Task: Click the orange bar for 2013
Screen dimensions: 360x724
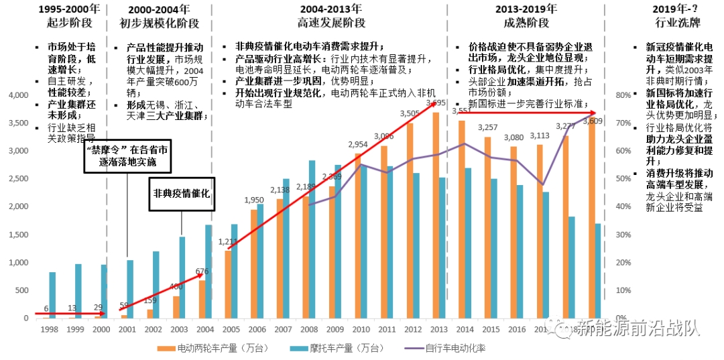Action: tap(435, 215)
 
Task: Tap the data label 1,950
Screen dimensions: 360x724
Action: tap(253, 200)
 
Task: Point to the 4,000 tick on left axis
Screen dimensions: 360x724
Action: tap(15, 95)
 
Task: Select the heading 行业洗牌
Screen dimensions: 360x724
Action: tap(678, 23)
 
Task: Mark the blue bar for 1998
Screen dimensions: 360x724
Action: tap(52, 295)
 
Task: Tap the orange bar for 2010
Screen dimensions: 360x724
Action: tap(357, 235)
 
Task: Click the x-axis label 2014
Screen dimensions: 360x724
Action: tap(465, 329)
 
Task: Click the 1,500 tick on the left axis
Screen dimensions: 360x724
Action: tap(15, 235)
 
